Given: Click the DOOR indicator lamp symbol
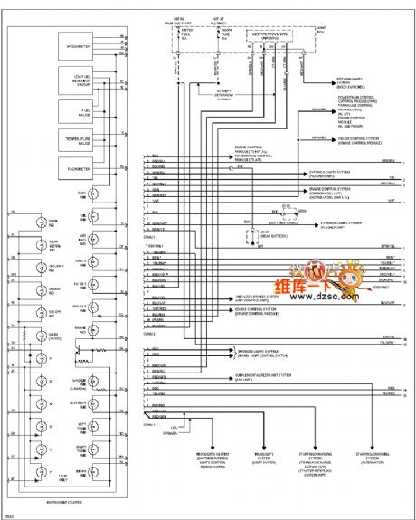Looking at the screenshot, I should pyautogui.click(x=40, y=222).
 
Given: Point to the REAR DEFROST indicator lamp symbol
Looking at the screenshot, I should pyautogui.click(x=40, y=245).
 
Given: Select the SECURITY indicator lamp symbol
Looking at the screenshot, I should pyautogui.click(x=40, y=268).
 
